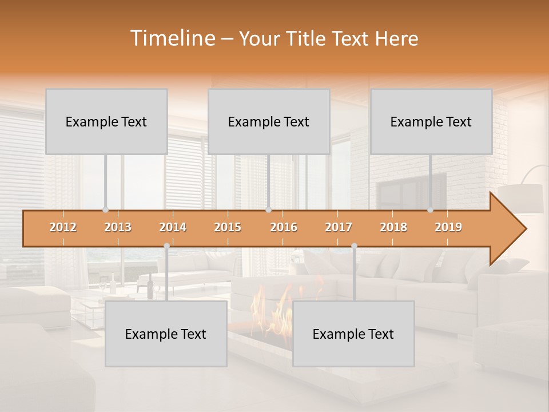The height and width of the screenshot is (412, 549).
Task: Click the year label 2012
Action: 63,227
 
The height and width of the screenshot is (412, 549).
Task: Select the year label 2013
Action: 118,227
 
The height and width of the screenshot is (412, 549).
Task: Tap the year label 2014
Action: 173,227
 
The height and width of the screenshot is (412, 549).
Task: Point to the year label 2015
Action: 228,227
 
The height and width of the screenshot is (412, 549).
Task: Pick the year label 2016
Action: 284,227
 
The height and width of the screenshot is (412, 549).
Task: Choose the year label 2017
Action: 339,227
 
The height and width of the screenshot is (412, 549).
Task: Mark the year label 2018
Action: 393,227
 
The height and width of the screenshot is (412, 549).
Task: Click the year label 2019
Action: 448,227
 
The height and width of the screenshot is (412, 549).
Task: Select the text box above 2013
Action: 106,122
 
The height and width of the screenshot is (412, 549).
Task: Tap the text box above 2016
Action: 269,122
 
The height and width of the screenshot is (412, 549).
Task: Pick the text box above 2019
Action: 431,122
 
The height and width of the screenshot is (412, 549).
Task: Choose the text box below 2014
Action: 166,334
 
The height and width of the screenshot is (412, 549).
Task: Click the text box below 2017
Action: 353,334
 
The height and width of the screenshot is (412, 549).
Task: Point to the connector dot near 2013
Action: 105,210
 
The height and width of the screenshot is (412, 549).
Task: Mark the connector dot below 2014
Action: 166,246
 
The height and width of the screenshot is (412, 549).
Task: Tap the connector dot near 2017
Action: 354,246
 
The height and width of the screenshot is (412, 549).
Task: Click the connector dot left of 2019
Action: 430,210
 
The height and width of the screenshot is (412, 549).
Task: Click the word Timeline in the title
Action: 172,38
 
